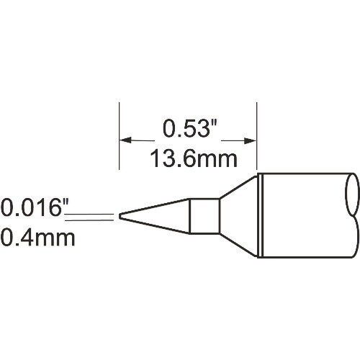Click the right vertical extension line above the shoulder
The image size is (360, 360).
coord(258,137)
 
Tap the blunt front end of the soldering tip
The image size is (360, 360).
coord(120,215)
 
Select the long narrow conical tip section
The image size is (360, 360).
coord(155,215)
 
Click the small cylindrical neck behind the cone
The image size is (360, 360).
coord(204,215)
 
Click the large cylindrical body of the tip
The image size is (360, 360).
coord(302,215)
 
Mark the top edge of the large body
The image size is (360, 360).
coord(302,173)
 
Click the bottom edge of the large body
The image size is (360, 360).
coord(302,256)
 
